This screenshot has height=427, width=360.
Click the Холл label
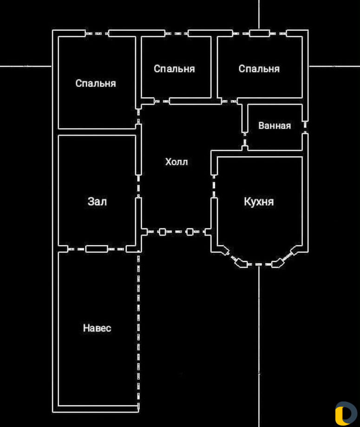click(x=177, y=162)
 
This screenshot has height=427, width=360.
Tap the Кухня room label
click(x=259, y=202)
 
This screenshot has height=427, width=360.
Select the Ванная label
click(x=275, y=126)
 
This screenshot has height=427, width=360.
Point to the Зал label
click(x=97, y=202)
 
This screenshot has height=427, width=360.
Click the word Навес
click(x=97, y=328)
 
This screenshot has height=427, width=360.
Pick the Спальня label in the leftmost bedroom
click(x=96, y=84)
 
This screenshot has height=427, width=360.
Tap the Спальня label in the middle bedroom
click(x=174, y=69)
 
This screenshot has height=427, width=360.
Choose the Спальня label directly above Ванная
click(x=259, y=69)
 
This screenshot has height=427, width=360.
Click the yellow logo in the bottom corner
click(x=346, y=413)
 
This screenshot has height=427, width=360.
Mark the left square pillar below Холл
click(x=162, y=232)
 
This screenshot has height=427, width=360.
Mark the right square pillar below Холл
click(x=190, y=232)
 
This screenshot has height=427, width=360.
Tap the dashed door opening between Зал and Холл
click(x=138, y=187)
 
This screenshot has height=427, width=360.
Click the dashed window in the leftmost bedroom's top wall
click(x=97, y=33)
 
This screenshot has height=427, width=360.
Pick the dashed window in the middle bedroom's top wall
click(x=177, y=33)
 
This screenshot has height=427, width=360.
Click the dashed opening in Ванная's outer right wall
click(x=305, y=127)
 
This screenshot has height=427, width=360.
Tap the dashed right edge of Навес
click(x=138, y=330)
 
